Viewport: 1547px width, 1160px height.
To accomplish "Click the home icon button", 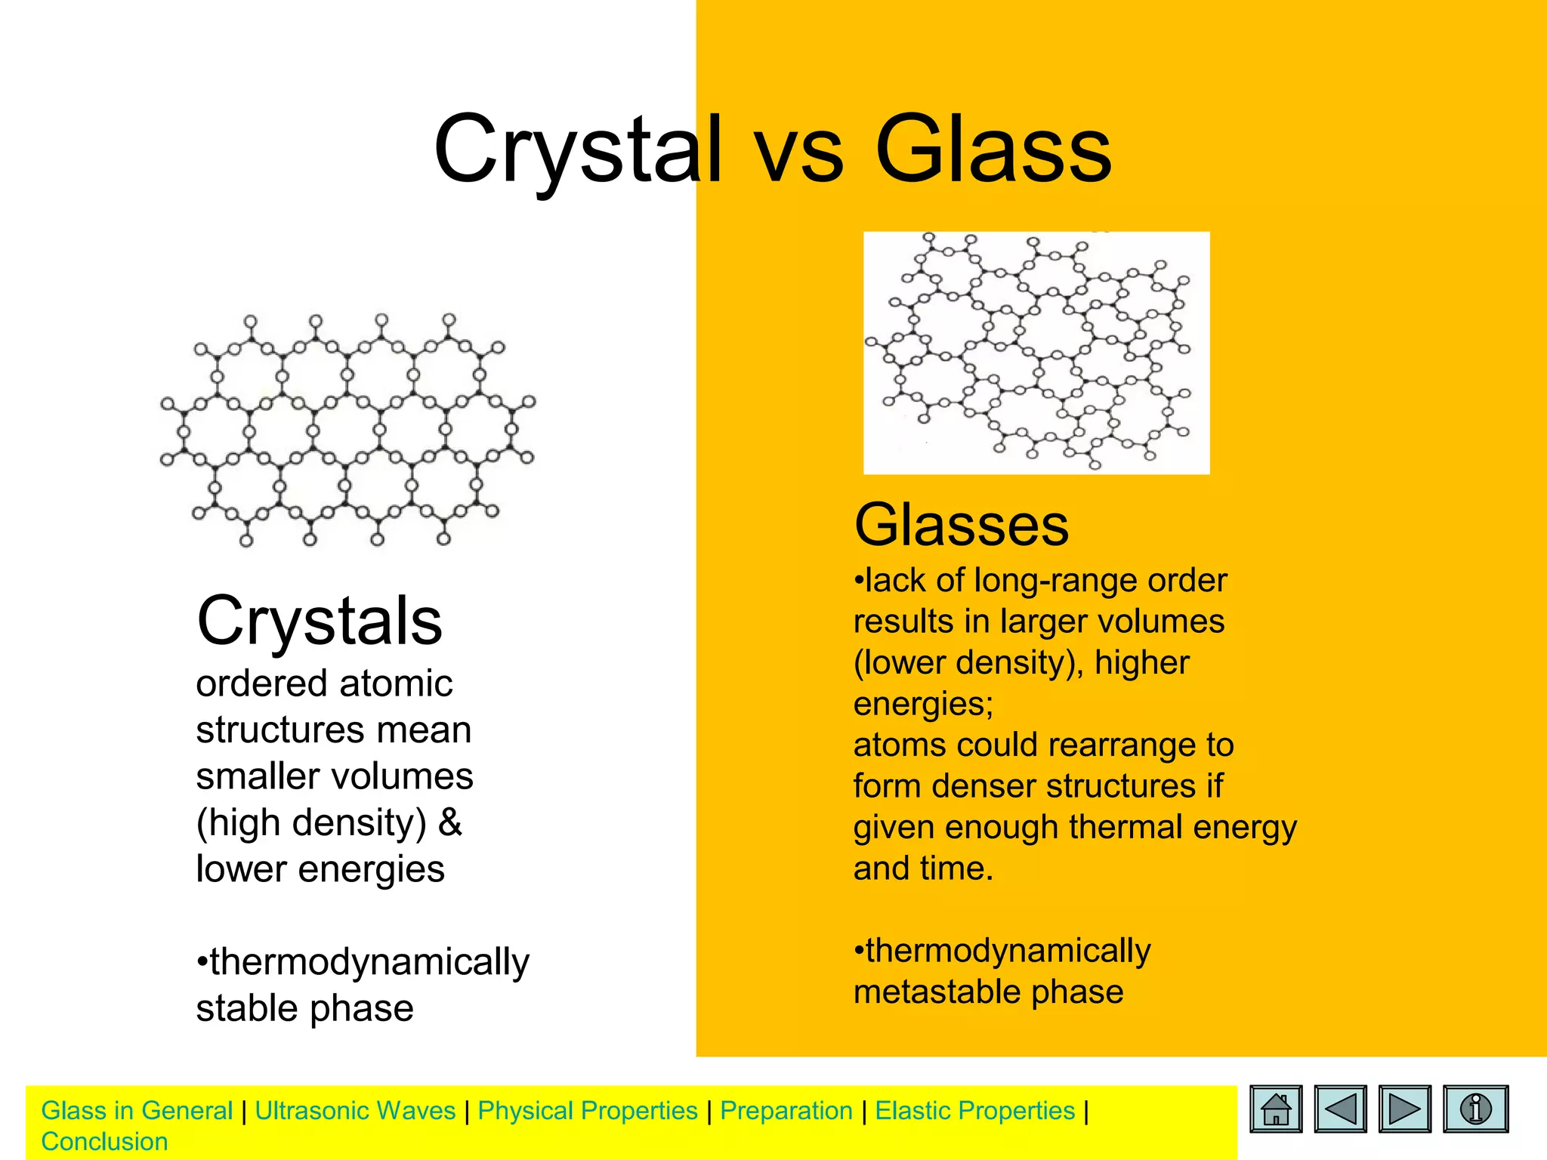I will pyautogui.click(x=1276, y=1109).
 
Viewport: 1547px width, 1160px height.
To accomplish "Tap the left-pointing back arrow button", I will pyautogui.click(x=1340, y=1109).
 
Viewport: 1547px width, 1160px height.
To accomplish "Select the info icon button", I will pyautogui.click(x=1475, y=1109).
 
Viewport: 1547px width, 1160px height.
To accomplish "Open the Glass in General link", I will pyautogui.click(x=137, y=1111).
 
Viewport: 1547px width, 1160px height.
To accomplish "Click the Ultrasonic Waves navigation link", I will pyautogui.click(x=355, y=1111).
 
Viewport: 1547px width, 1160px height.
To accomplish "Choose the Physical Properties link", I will pyautogui.click(x=588, y=1111).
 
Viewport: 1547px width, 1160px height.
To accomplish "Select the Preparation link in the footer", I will pyautogui.click(x=786, y=1111).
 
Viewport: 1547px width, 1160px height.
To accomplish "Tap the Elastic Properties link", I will pyautogui.click(x=974, y=1111).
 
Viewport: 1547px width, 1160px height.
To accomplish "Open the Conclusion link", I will pyautogui.click(x=104, y=1142).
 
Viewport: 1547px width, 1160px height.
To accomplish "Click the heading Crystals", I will pyautogui.click(x=319, y=621).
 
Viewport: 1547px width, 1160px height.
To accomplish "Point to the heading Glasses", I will pyautogui.click(x=961, y=525).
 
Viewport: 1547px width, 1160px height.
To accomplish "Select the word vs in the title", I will pyautogui.click(x=799, y=155).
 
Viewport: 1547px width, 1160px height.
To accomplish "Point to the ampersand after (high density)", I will pyautogui.click(x=450, y=822).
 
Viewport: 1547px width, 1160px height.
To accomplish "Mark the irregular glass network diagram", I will pyautogui.click(x=1036, y=353).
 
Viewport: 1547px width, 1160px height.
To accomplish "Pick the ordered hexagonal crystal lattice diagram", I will pyautogui.click(x=347, y=430).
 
